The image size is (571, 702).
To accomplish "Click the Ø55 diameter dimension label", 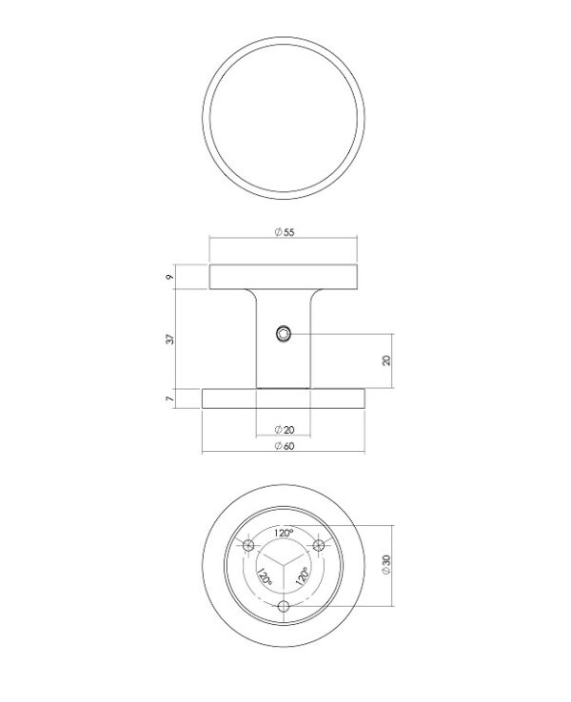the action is click(x=285, y=232).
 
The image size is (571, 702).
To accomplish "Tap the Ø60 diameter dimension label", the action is click(x=285, y=446).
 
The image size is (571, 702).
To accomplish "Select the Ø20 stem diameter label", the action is click(x=285, y=430).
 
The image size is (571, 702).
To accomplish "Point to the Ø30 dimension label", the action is click(x=386, y=565).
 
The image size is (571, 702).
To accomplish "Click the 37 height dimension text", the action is click(x=170, y=339).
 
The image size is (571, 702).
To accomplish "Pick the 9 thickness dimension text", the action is click(x=169, y=277).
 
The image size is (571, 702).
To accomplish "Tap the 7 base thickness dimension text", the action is click(x=169, y=399).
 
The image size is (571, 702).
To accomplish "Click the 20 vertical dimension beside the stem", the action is click(x=386, y=361).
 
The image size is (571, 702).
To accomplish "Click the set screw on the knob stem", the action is click(x=283, y=334).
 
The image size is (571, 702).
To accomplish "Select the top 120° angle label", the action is click(x=284, y=533).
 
